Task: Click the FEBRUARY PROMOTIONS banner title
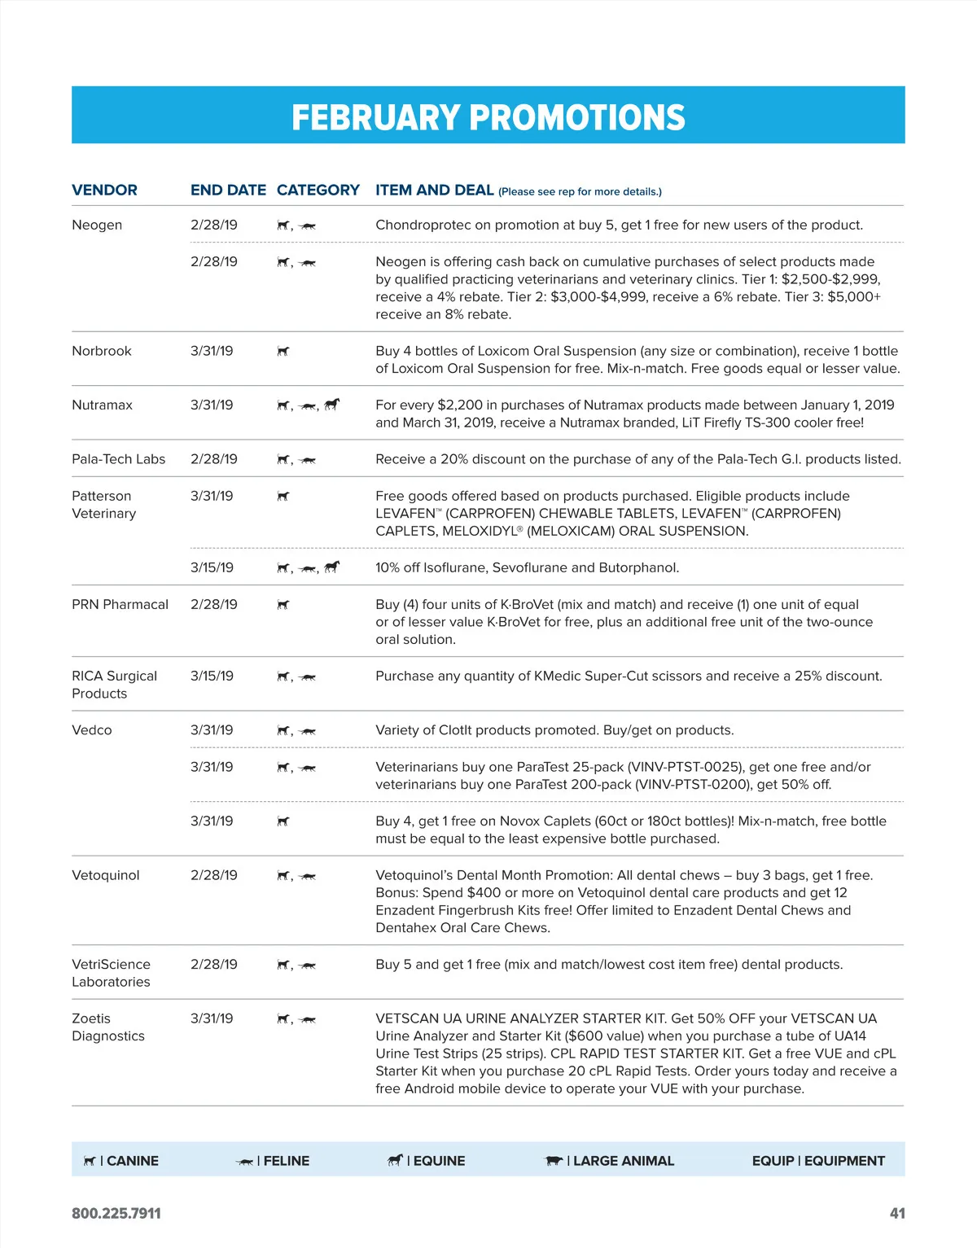(488, 117)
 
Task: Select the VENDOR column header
(104, 190)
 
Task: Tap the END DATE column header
(228, 190)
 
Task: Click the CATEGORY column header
(318, 190)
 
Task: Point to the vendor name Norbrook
(102, 351)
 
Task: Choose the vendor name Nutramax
(102, 405)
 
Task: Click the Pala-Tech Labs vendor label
(118, 459)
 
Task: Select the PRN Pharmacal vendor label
(120, 604)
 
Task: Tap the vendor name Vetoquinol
(105, 875)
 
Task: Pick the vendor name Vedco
(92, 730)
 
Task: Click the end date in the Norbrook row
(212, 351)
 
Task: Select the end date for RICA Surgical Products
(212, 676)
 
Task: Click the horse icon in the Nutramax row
(331, 404)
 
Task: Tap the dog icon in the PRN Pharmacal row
(283, 605)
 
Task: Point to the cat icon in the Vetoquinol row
(308, 877)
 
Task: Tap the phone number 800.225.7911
(116, 1213)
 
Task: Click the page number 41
(897, 1213)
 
